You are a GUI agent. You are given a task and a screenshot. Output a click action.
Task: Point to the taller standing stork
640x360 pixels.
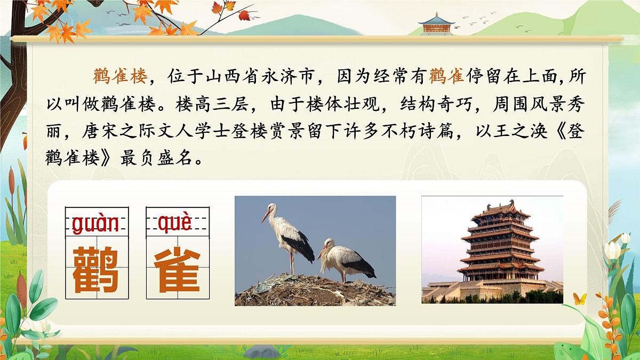click(x=288, y=235)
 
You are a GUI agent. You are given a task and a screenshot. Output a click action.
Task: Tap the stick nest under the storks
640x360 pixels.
click(x=315, y=291)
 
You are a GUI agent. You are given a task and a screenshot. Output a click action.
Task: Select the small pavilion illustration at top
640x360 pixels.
click(x=436, y=23)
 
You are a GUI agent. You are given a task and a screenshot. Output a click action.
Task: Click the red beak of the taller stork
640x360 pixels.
click(x=265, y=215)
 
